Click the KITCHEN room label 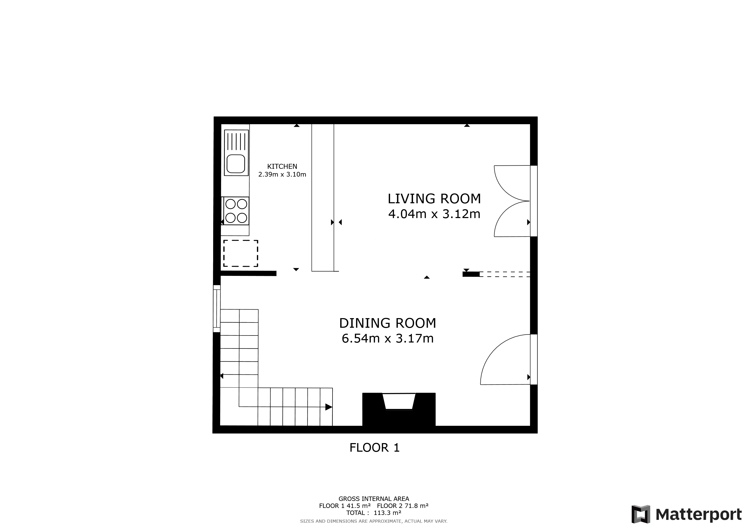[282, 166]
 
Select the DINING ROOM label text [387, 323]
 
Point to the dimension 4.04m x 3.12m [434, 214]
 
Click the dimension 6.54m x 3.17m [387, 338]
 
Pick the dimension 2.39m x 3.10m [282, 174]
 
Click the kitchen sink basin [236, 164]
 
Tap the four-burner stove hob [236, 211]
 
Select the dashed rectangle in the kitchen [241, 253]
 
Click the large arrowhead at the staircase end [329, 407]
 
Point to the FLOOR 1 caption [374, 448]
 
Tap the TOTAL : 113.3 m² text [373, 513]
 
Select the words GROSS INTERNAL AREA [373, 499]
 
